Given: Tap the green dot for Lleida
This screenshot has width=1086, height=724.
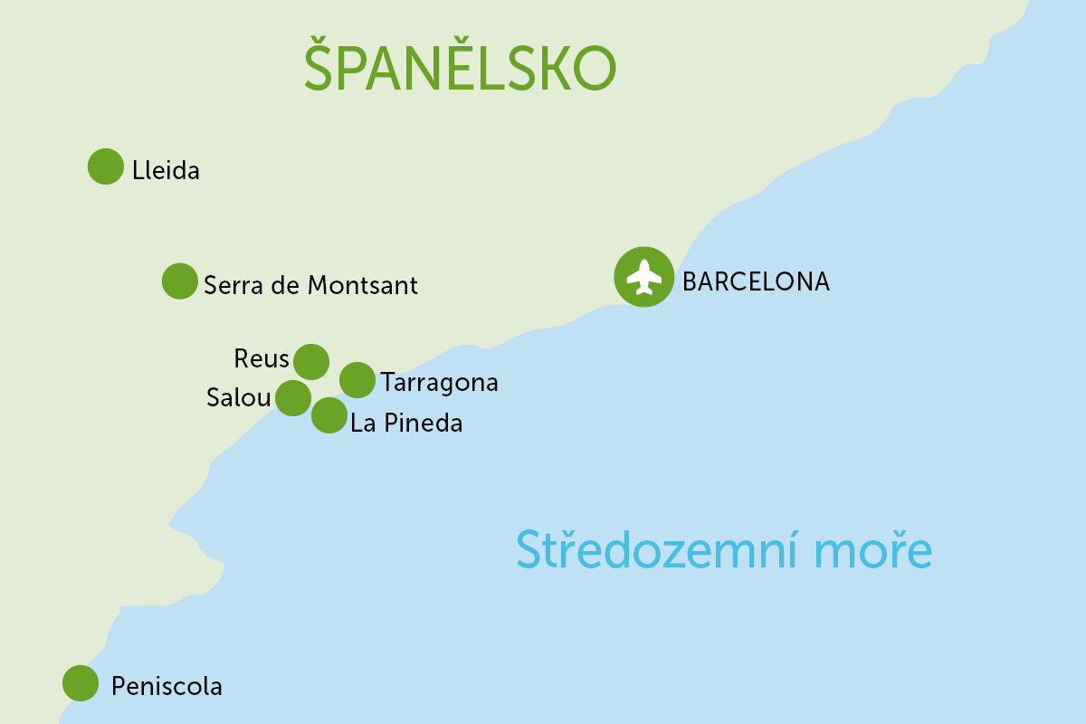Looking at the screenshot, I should pos(106,167).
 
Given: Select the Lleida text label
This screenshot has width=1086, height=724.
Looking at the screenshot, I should pos(166,170).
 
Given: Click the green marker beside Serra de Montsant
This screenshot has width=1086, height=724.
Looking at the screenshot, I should pos(179,281).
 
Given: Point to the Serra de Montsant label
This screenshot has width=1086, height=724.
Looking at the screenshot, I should pos(310,285).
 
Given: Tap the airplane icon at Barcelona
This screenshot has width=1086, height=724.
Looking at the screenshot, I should pos(643,277).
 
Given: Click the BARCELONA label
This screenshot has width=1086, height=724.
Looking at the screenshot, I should pos(756,281).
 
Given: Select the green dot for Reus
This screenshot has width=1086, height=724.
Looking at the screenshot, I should pos(311,361).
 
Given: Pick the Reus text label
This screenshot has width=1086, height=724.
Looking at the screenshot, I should pos(262,359).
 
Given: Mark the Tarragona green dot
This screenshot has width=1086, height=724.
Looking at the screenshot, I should pos(357,380).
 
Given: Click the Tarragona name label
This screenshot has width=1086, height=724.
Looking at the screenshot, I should pos(440,383).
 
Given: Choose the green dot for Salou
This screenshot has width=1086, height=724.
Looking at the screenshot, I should pos(292,397).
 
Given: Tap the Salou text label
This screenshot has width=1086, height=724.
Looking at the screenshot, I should pos(238,398).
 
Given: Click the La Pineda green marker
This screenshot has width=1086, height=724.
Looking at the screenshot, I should pos(329,416).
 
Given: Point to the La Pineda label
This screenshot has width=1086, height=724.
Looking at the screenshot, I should pos(406,423).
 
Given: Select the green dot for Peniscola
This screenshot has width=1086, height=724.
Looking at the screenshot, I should pos(81,682).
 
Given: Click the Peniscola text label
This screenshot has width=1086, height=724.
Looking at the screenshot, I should pos(167,687).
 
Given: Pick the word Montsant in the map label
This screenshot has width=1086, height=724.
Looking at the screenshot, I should pos(363,285).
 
